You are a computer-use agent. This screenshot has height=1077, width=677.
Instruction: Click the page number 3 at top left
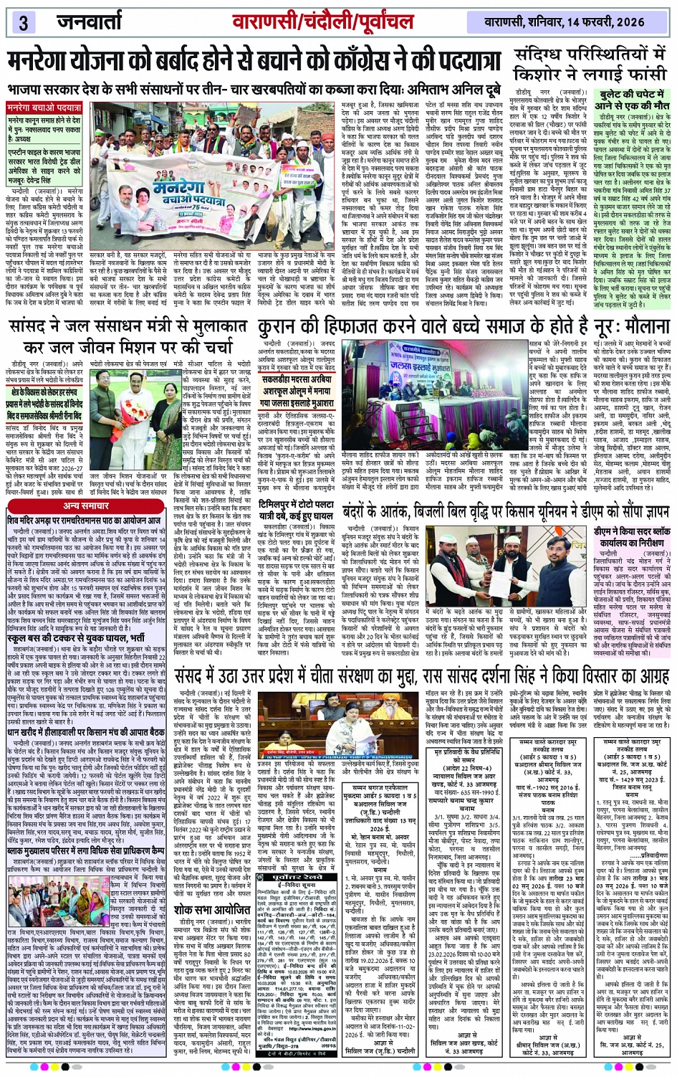point(23,22)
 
